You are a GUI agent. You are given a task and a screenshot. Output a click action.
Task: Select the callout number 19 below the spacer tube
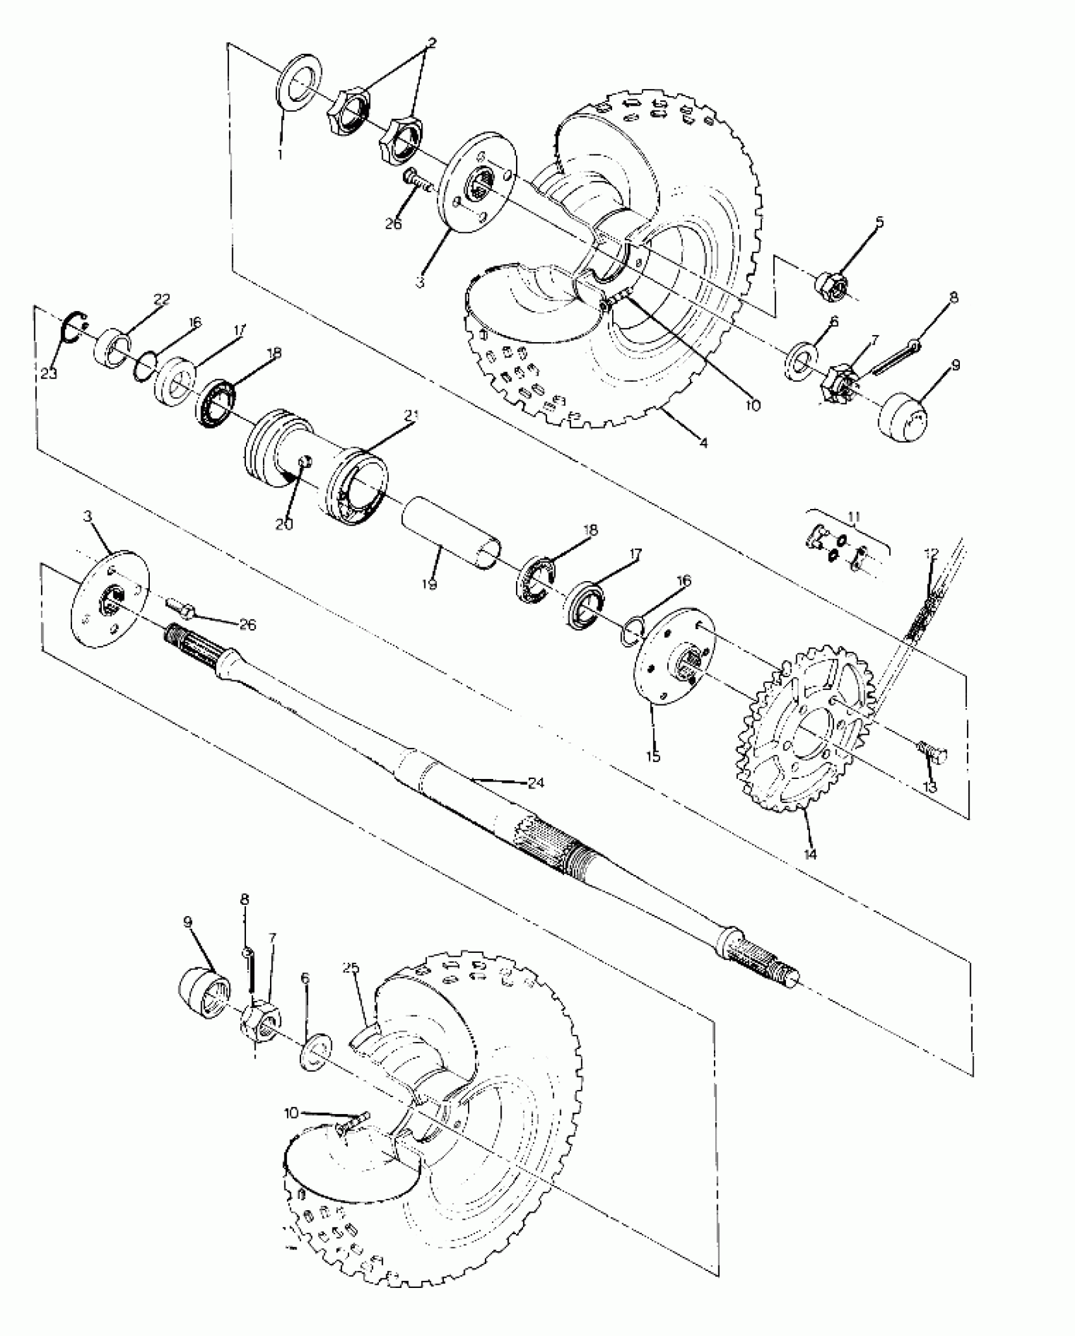[x=429, y=584]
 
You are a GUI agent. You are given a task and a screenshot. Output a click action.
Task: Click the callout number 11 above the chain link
[x=854, y=518]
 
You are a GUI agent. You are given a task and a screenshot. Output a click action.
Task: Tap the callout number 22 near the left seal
[x=162, y=299]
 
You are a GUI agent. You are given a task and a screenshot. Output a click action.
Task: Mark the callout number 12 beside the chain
[x=931, y=554]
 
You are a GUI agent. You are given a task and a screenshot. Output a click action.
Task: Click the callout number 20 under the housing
[x=285, y=524]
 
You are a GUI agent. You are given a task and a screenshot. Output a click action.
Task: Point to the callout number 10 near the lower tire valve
[x=290, y=1113]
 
